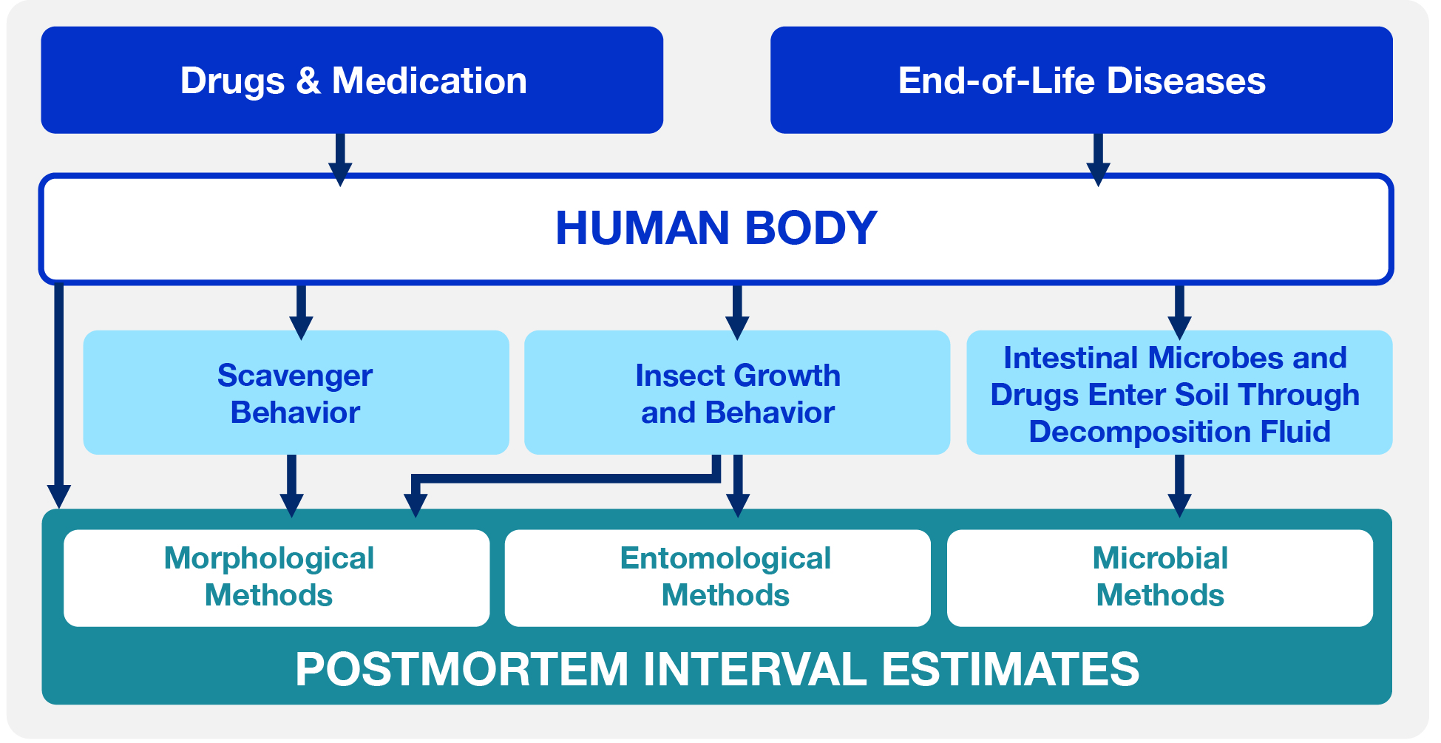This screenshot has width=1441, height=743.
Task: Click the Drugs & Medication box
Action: (x=352, y=80)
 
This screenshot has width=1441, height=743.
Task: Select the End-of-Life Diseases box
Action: (x=1082, y=80)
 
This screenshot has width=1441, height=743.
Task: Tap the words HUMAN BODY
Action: (x=716, y=228)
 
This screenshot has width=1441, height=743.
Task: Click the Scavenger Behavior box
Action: (x=296, y=393)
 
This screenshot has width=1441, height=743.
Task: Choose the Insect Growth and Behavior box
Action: (x=737, y=393)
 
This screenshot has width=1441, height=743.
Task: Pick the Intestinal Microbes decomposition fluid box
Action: (x=1179, y=393)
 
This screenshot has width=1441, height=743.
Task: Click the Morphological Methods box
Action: (x=277, y=578)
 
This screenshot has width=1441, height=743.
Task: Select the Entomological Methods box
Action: (x=718, y=578)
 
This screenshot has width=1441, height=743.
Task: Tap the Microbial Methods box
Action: (x=1160, y=578)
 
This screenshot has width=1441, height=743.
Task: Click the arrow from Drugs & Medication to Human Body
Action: (x=340, y=160)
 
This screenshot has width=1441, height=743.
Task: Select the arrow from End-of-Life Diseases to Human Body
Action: (x=1099, y=160)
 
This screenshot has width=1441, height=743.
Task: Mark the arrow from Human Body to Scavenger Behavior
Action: (x=301, y=312)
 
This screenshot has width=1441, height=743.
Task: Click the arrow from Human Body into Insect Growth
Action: (x=737, y=312)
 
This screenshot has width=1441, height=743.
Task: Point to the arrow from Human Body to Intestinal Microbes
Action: (x=1179, y=312)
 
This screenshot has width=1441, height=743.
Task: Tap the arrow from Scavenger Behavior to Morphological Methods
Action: (x=292, y=486)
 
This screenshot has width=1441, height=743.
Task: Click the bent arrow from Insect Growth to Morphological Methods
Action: (x=566, y=478)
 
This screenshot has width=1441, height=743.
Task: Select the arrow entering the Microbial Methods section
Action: (x=1179, y=486)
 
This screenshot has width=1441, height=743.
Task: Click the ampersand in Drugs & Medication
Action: (x=308, y=81)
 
